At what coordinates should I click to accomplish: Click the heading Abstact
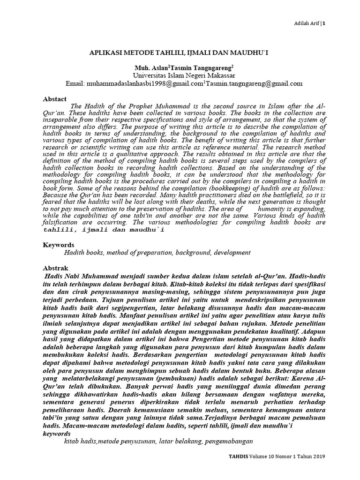tap(55, 99)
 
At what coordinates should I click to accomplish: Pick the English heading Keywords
tap(59, 245)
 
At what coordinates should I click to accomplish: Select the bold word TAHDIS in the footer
tap(238, 457)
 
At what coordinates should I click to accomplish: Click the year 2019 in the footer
tap(317, 457)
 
